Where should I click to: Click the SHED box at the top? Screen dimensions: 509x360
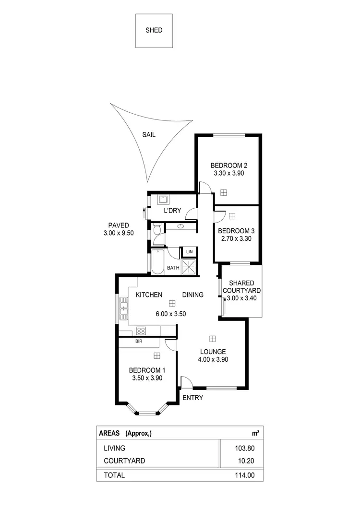(x=154, y=30)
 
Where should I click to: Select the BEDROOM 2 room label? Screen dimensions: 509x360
(x=228, y=166)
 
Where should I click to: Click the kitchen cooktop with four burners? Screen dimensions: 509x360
(x=142, y=330)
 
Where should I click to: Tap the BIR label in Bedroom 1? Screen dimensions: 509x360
(x=138, y=342)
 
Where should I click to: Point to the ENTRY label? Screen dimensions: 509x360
(x=193, y=398)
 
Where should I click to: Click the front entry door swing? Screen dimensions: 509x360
(x=186, y=382)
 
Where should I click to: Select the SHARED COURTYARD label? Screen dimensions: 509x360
(x=244, y=287)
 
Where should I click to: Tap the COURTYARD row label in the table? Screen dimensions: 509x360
(x=124, y=461)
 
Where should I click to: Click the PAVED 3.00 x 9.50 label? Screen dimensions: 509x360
(x=119, y=229)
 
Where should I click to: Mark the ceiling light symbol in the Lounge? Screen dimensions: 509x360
(x=213, y=338)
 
